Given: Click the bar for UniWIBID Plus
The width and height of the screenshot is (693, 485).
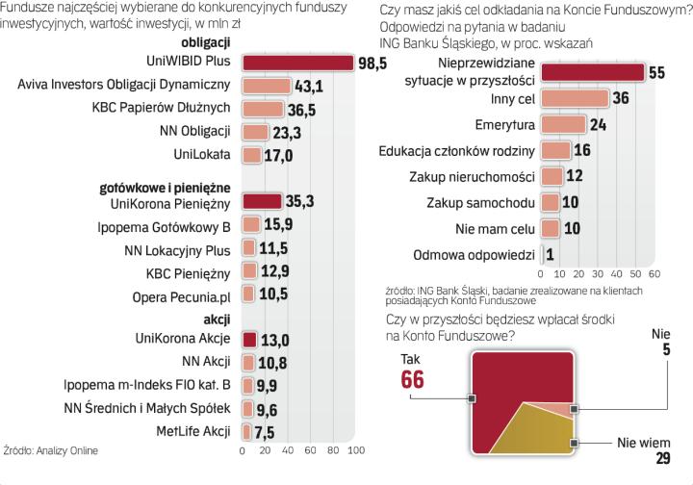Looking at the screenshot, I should click(x=297, y=64).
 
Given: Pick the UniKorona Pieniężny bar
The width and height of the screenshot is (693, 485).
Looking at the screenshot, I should click(x=262, y=202).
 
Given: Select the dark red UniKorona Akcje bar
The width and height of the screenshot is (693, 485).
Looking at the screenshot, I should click(x=248, y=339).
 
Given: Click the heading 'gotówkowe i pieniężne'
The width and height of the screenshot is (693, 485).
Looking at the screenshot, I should click(x=165, y=186).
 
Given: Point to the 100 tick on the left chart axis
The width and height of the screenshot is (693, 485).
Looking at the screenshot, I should click(x=354, y=451).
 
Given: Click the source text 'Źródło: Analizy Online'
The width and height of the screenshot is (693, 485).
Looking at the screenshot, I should click(x=51, y=449).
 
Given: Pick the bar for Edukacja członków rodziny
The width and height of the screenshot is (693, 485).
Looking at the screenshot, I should click(x=554, y=151).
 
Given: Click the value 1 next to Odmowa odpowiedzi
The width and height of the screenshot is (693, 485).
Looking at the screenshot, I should click(x=549, y=255).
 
